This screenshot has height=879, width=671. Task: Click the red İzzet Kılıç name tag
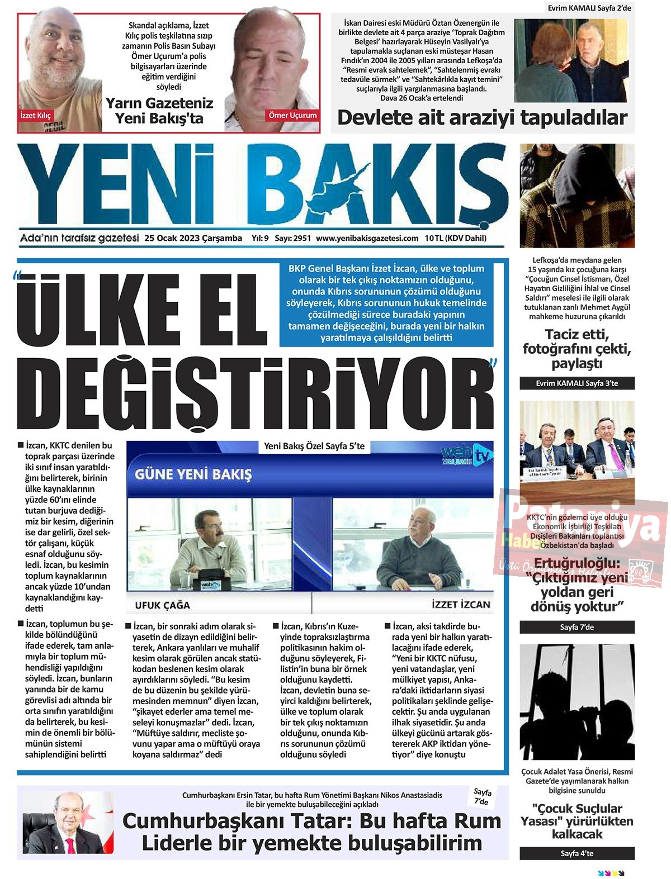[35, 116]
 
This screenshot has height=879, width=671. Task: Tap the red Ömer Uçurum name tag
[292, 115]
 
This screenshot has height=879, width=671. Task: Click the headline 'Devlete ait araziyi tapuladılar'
[482, 118]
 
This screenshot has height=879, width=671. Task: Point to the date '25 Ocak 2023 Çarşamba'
[193, 238]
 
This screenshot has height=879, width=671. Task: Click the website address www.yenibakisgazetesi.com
[367, 238]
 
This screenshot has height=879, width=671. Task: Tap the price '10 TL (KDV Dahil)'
[455, 238]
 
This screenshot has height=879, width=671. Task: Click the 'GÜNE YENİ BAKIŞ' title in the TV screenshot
[193, 474]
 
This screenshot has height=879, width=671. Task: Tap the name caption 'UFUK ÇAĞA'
[162, 605]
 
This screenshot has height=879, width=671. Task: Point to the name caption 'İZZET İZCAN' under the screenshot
[461, 604]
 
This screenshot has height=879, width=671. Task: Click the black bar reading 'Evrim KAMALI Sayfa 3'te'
[577, 383]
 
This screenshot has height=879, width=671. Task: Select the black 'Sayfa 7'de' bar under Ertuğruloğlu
[577, 627]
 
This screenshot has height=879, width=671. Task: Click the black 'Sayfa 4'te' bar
[577, 853]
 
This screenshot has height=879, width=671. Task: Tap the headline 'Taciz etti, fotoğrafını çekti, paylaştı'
[577, 349]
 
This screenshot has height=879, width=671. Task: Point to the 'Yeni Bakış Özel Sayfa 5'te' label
[314, 446]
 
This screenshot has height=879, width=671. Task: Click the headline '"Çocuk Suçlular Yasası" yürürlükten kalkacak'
[577, 821]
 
